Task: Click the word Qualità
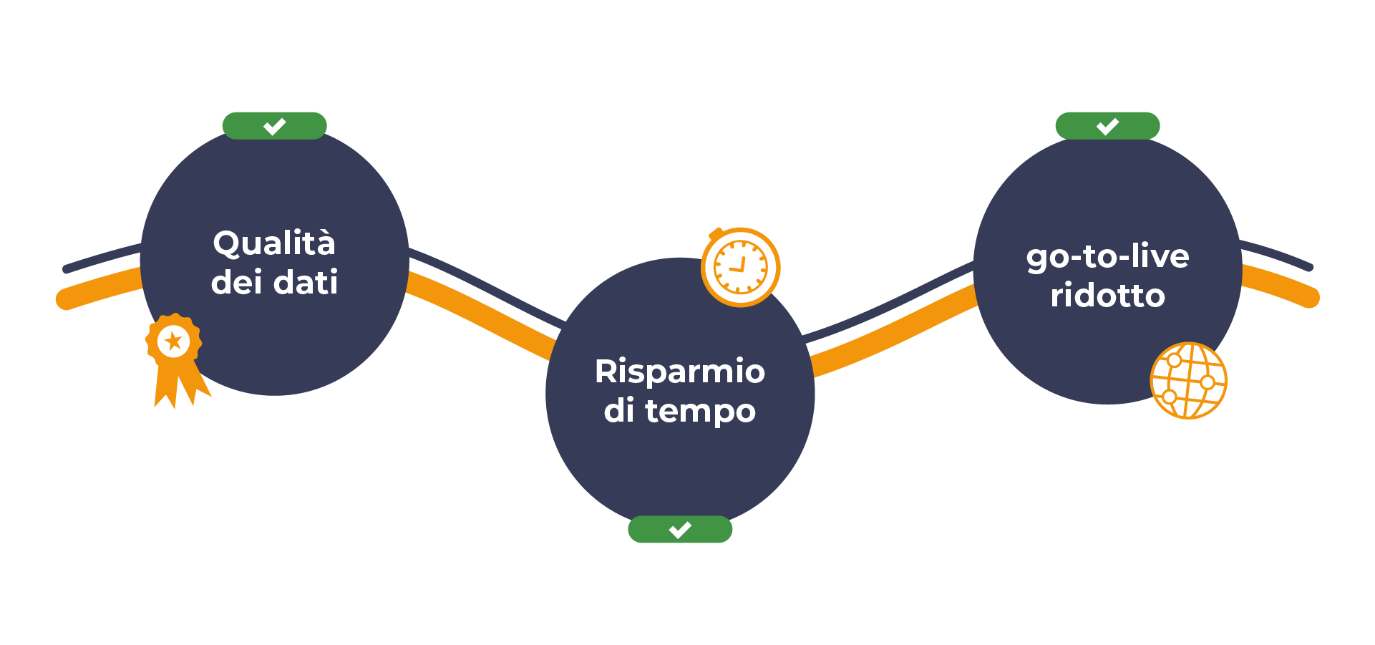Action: tap(274, 244)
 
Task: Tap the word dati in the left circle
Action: tap(306, 282)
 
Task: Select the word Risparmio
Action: tap(679, 372)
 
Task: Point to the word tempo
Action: tap(700, 412)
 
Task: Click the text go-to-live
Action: tap(1107, 257)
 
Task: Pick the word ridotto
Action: tap(1107, 296)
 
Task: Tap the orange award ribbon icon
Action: tap(175, 358)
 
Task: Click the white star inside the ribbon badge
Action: tap(173, 341)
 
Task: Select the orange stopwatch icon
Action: tap(740, 267)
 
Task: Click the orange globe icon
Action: tap(1188, 380)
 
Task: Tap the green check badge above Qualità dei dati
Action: tap(274, 126)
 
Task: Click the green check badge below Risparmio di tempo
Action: tap(680, 530)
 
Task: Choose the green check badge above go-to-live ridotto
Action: tap(1107, 126)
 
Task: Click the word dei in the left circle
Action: tap(236, 282)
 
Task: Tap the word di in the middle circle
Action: tap(619, 411)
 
